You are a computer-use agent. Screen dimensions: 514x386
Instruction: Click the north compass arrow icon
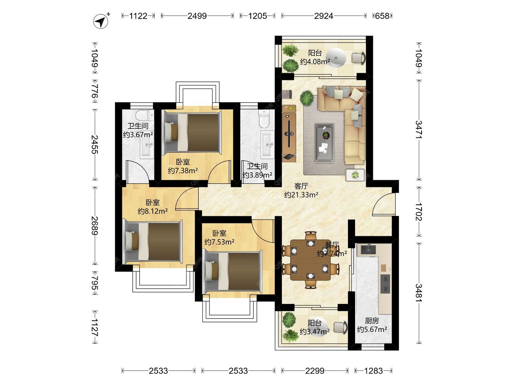pyautogui.click(x=101, y=21)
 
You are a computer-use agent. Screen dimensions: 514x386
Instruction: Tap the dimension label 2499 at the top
pyautogui.click(x=197, y=16)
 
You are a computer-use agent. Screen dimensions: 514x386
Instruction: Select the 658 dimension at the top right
pyautogui.click(x=382, y=16)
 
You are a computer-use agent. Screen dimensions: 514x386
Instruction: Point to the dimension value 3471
pyautogui.click(x=418, y=130)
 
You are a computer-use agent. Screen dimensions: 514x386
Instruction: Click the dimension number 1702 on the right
pyautogui.click(x=418, y=212)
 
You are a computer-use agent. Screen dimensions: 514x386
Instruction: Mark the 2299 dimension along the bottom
pyautogui.click(x=315, y=371)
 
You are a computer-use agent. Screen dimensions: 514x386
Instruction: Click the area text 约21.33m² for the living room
pyautogui.click(x=301, y=195)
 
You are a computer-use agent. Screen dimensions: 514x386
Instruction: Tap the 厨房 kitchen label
pyautogui.click(x=372, y=321)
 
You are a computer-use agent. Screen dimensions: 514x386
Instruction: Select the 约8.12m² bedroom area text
pyautogui.click(x=153, y=211)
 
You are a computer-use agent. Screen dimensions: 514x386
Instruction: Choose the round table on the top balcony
pyautogui.click(x=336, y=58)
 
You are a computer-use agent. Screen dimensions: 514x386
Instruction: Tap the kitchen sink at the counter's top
pyautogui.click(x=368, y=249)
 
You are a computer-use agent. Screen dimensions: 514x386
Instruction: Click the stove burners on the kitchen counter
pyautogui.click(x=385, y=284)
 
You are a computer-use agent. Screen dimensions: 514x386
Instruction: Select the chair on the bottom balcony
pyautogui.click(x=341, y=327)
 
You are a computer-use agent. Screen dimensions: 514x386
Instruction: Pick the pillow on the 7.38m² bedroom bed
pyautogui.click(x=171, y=132)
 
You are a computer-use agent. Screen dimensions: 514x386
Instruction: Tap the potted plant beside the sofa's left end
pyautogui.click(x=307, y=98)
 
